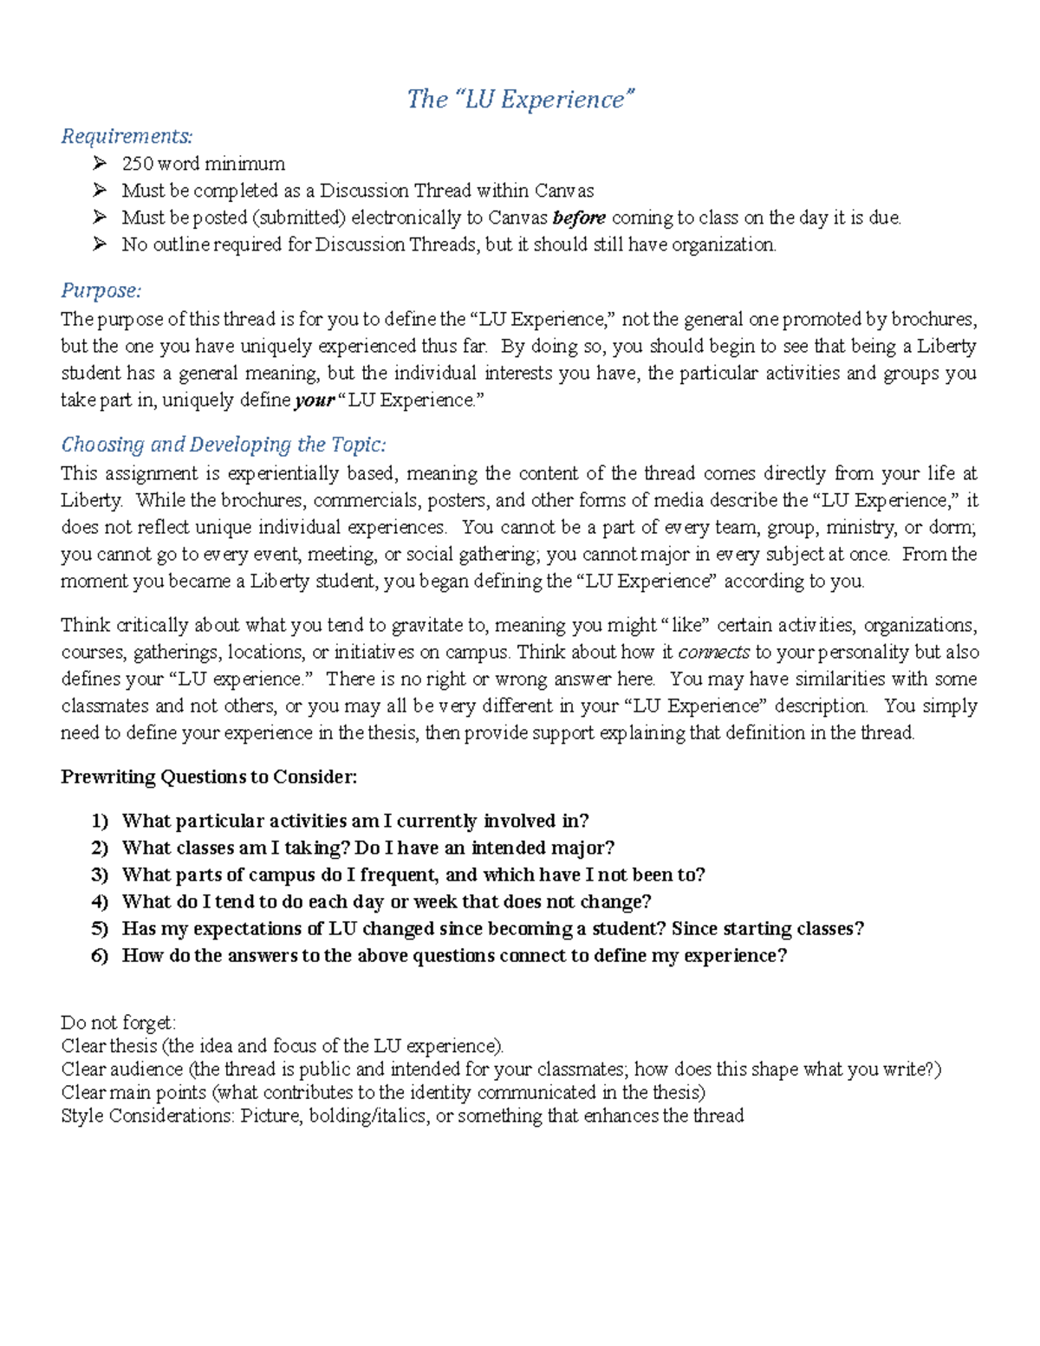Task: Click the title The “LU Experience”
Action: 521,100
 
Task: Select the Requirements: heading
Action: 127,136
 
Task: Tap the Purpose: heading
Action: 101,290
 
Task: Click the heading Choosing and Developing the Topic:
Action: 223,445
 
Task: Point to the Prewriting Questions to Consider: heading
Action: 208,777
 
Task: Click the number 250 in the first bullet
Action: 137,164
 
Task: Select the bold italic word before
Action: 579,218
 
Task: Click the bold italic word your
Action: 314,400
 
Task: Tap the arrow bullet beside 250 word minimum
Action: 100,164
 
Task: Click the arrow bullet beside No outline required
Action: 100,244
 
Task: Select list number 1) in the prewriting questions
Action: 99,821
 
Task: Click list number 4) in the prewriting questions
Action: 99,901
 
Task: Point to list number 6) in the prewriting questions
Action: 99,955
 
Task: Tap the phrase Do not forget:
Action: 118,1023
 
